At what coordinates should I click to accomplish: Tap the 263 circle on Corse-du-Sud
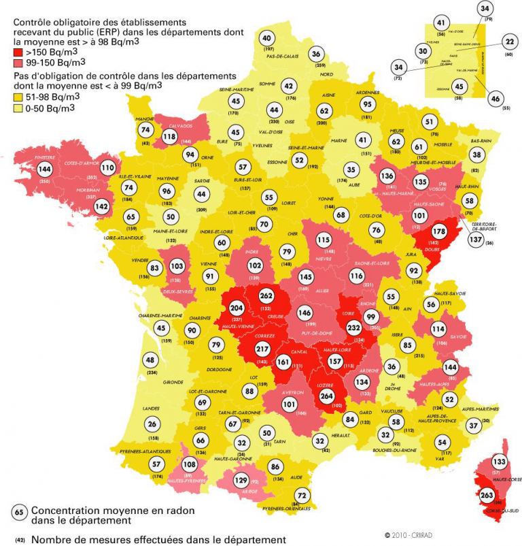[487, 496]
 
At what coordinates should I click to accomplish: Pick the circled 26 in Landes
[151, 424]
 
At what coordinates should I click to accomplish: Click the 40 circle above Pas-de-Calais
[267, 38]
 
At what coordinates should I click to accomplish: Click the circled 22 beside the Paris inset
[510, 42]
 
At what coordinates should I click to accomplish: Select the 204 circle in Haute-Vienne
[237, 307]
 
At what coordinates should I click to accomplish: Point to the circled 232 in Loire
[353, 327]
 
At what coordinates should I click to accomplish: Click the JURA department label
[410, 255]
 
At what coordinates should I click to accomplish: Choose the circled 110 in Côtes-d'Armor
[107, 167]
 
